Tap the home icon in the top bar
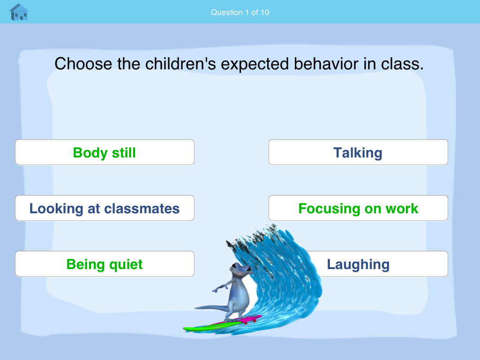tap(19, 12)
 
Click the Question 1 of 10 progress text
tap(240, 12)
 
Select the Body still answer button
tap(105, 152)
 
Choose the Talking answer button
tap(358, 152)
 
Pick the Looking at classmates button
tap(105, 208)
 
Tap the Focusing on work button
tap(358, 208)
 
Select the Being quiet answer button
tap(105, 264)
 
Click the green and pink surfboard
tap(220, 324)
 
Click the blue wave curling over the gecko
tap(286, 262)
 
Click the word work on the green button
tap(402, 208)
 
